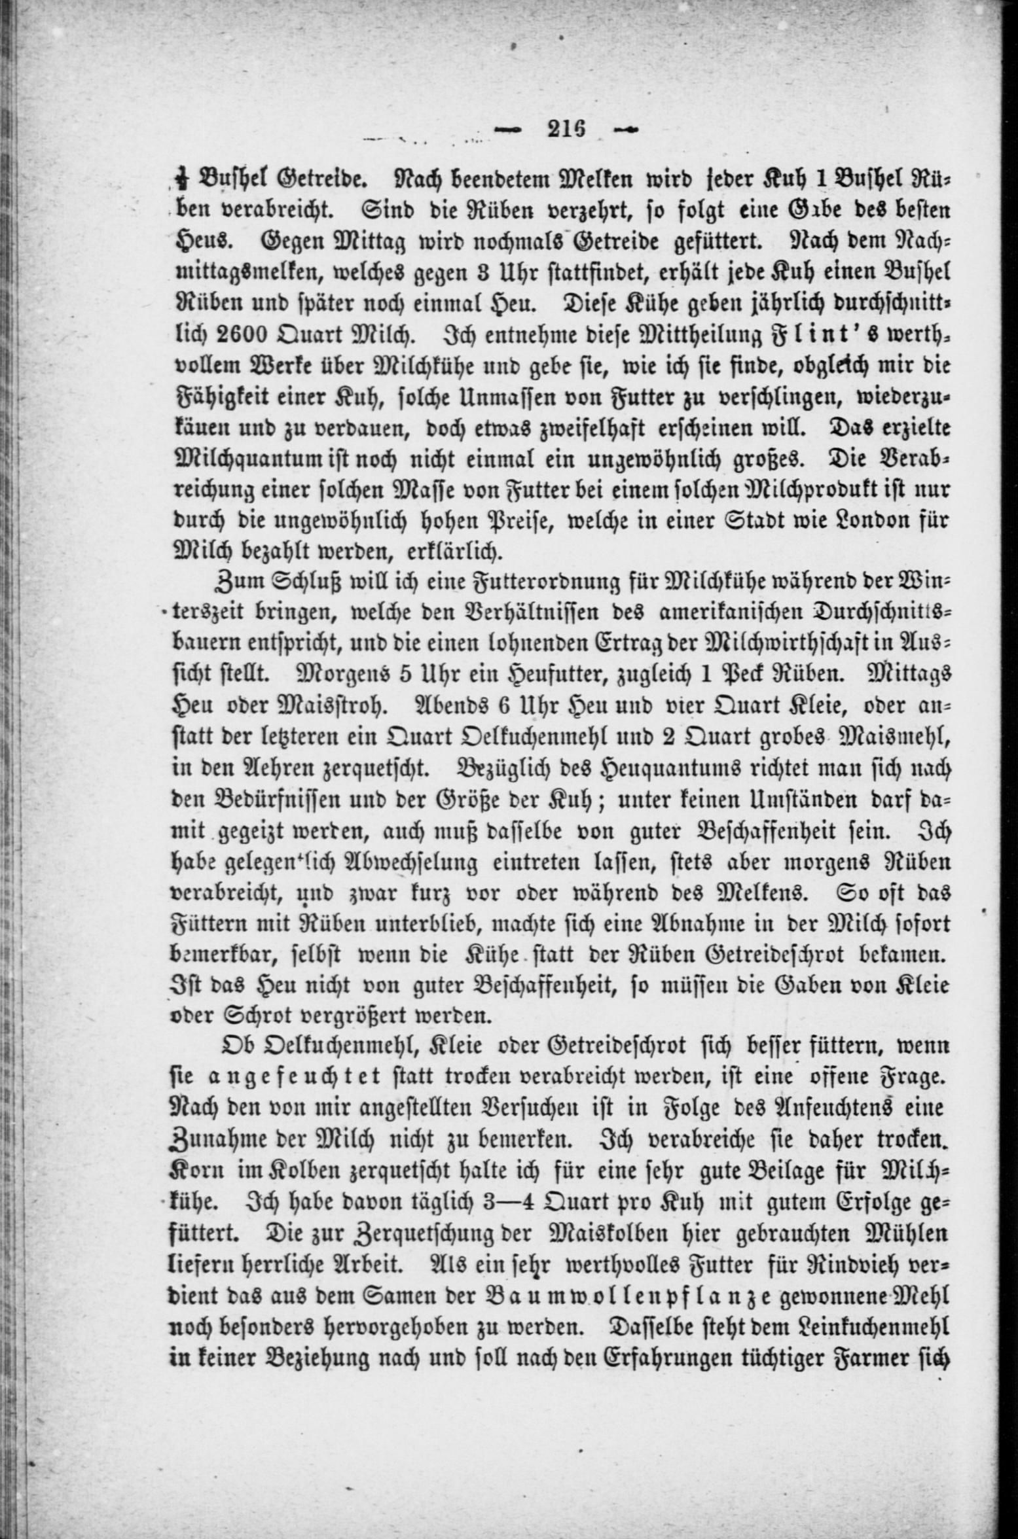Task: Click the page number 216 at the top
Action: click(566, 128)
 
